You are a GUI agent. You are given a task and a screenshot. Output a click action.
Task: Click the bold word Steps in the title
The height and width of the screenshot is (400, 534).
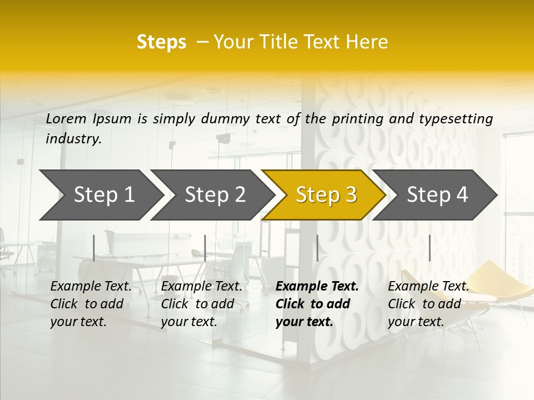click(161, 42)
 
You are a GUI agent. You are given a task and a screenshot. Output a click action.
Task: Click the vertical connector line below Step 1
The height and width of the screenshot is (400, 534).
click(94, 248)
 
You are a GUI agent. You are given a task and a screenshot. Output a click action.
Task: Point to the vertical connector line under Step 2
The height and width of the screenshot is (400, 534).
click(205, 248)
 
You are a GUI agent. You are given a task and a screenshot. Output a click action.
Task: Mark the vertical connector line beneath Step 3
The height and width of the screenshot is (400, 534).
click(317, 248)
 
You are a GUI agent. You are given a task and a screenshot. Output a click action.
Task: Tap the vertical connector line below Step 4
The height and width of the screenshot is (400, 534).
click(429, 248)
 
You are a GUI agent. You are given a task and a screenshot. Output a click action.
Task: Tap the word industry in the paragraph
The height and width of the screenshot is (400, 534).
click(73, 139)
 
